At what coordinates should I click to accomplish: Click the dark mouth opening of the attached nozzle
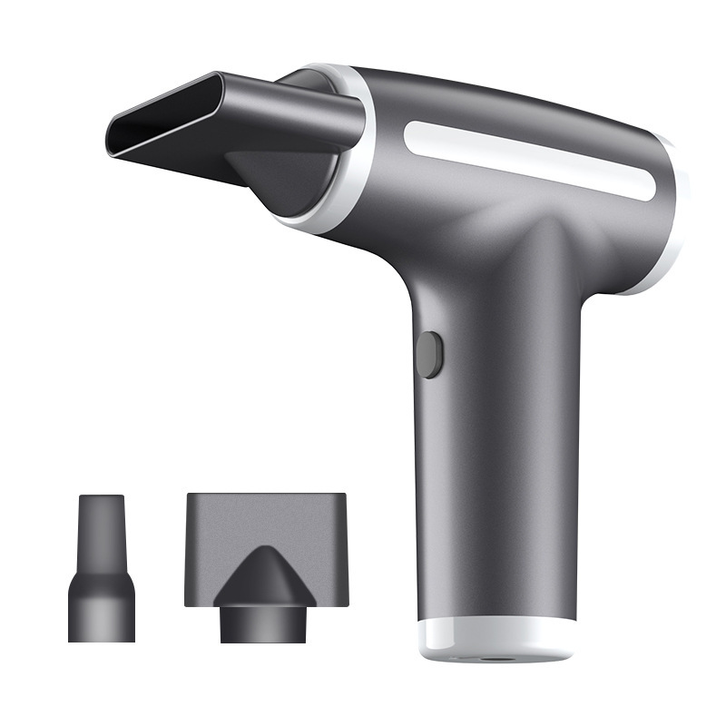coord(163,127)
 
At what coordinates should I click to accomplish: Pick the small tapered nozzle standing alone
coord(101,572)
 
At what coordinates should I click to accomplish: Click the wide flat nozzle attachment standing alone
coord(265,554)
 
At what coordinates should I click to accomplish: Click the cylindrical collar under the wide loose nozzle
coord(264,623)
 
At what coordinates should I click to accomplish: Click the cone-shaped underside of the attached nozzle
coord(272,177)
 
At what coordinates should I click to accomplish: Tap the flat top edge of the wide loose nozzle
coord(265,496)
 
